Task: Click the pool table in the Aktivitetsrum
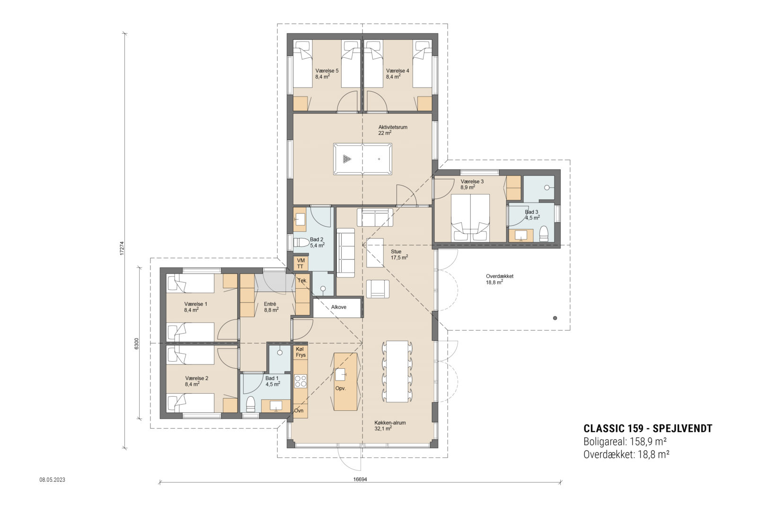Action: [x=363, y=159]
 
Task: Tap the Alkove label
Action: [x=338, y=307]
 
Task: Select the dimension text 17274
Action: [x=122, y=249]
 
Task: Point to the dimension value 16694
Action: [x=361, y=479]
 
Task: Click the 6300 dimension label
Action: [x=136, y=344]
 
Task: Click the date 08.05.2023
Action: [x=52, y=479]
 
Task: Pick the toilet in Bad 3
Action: [x=544, y=234]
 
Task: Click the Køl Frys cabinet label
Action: [x=301, y=352]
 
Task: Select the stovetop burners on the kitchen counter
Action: [x=300, y=381]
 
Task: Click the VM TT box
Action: [x=300, y=264]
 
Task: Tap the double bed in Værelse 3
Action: [x=470, y=217]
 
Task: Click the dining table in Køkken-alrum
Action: [x=397, y=371]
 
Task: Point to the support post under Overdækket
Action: [x=555, y=318]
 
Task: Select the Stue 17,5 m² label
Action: [x=399, y=255]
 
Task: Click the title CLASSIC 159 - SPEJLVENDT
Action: [x=647, y=429]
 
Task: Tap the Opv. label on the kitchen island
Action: [x=340, y=388]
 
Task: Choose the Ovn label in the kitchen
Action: [x=299, y=410]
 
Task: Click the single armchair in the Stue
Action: [x=378, y=289]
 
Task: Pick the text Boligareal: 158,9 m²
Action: [x=625, y=442]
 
